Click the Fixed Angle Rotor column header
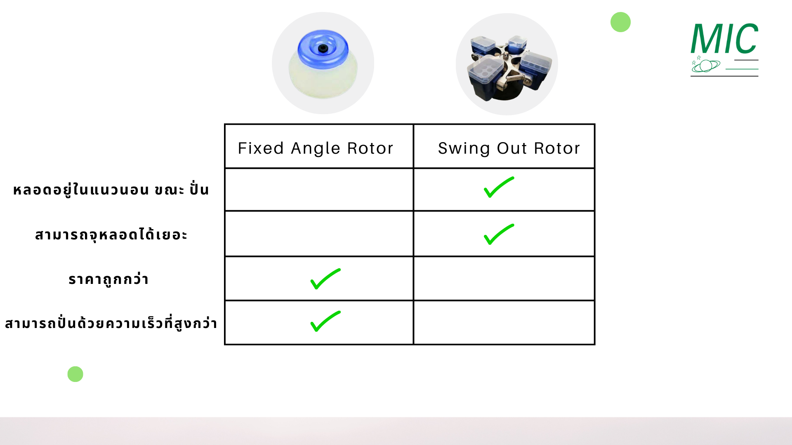tap(316, 148)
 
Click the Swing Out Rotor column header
tap(509, 148)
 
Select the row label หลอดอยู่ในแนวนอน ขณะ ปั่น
tap(111, 190)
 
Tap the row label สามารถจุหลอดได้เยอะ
tap(111, 235)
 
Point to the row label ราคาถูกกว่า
tap(108, 279)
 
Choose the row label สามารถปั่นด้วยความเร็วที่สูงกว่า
tap(111, 323)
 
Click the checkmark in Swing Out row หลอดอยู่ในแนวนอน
tap(499, 187)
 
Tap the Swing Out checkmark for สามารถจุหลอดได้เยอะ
tap(499, 234)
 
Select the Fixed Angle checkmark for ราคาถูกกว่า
tap(325, 279)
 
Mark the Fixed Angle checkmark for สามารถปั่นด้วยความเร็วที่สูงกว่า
tap(325, 321)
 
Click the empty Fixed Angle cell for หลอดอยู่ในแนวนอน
tap(319, 190)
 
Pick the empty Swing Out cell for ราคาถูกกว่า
tap(504, 279)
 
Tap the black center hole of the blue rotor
tap(322, 49)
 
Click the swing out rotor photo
tap(507, 65)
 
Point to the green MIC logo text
tap(724, 39)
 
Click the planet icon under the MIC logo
tap(706, 66)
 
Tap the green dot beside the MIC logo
tap(620, 22)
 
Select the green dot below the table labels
tap(75, 374)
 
